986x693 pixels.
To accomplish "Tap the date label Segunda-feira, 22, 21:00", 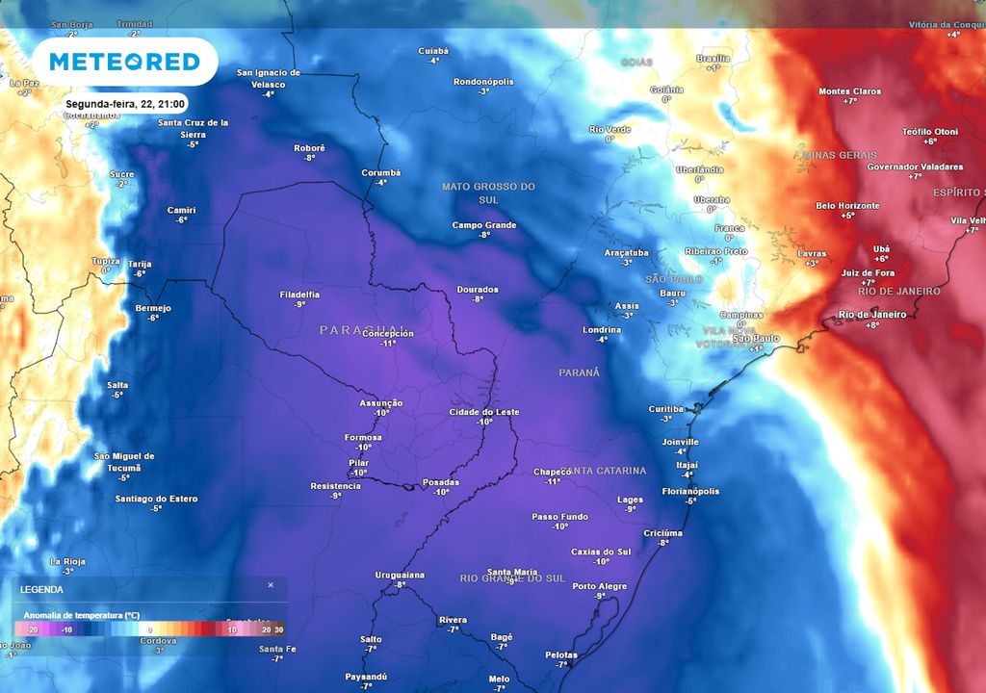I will pyautogui.click(x=125, y=103).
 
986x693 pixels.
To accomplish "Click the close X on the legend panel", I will pyautogui.click(x=271, y=584).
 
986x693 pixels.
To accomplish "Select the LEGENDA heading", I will pyautogui.click(x=42, y=589).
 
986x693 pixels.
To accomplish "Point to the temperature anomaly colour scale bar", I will pyautogui.click(x=149, y=629).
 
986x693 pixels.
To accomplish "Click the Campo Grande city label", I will pyautogui.click(x=484, y=225).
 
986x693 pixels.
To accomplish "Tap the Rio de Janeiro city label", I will pyautogui.click(x=872, y=315).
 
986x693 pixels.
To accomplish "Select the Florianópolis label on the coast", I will pyautogui.click(x=690, y=491).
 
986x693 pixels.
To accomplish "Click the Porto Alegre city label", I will pyautogui.click(x=599, y=586).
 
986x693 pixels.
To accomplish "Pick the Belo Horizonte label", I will pyautogui.click(x=847, y=206).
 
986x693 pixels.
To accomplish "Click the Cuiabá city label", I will pyautogui.click(x=433, y=50).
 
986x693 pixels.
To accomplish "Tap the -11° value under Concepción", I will pyautogui.click(x=388, y=344).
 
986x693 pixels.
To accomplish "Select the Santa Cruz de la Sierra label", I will pyautogui.click(x=193, y=127).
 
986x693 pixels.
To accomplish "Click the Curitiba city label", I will pyautogui.click(x=665, y=408).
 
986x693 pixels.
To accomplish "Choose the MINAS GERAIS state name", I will pyautogui.click(x=840, y=155).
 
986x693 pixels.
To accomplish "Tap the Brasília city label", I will pyautogui.click(x=713, y=58).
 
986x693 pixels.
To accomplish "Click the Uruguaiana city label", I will pyautogui.click(x=400, y=575).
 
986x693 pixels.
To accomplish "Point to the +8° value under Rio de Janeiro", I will pyautogui.click(x=872, y=325).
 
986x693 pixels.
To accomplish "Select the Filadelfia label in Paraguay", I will pyautogui.click(x=299, y=295).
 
